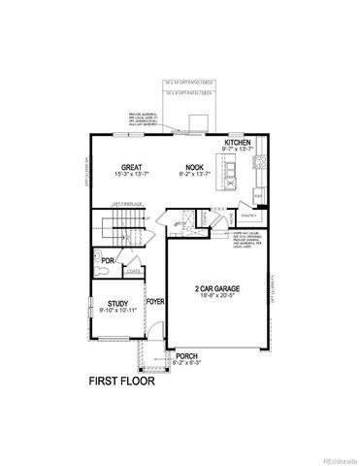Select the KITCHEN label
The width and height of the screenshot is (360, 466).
point(238,142)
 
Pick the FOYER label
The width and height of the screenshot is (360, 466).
point(155,301)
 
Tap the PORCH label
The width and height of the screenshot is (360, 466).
point(187,356)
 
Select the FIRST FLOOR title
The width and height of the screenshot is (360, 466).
point(121,380)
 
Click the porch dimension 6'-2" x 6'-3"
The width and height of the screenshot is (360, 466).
point(187,364)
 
